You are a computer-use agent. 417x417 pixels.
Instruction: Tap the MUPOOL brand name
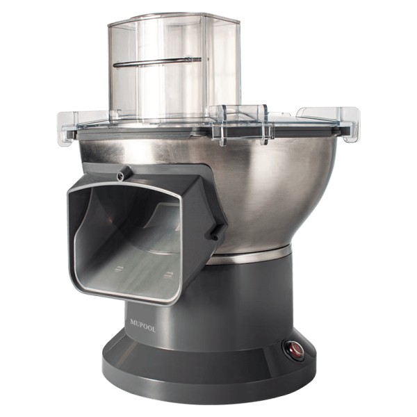pos(142,326)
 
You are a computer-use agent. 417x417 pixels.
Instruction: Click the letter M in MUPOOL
pos(133,322)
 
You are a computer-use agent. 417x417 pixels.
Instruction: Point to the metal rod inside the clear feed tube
pos(157,62)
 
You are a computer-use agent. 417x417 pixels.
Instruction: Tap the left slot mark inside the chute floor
pos(118,268)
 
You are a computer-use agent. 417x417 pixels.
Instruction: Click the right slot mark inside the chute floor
pos(168,275)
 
